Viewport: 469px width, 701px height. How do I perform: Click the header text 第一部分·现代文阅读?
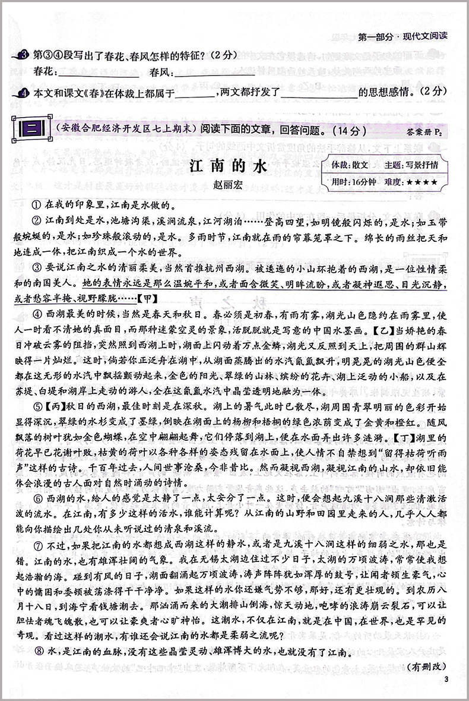[x=404, y=35]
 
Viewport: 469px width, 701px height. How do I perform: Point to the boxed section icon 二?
[x=28, y=129]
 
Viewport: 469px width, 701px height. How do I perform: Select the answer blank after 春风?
[x=215, y=74]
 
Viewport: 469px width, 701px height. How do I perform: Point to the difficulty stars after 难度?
[x=423, y=182]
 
